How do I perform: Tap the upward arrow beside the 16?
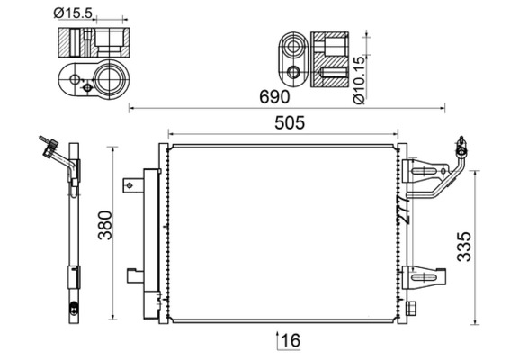pos(277,338)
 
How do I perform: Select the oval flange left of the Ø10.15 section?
pos(292,58)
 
